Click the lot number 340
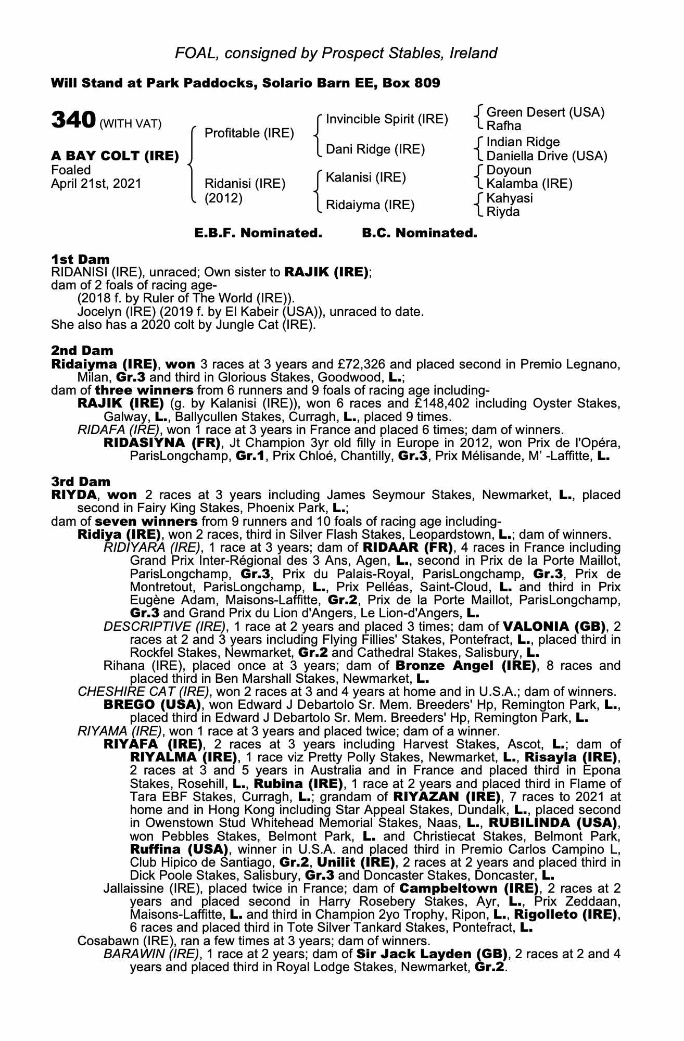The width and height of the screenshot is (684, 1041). (x=72, y=121)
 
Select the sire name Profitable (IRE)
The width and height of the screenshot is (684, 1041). (x=249, y=133)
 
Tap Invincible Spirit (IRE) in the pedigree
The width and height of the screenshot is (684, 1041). (x=386, y=119)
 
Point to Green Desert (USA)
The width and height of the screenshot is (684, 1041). (x=545, y=112)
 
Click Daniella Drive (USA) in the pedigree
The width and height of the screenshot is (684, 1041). (x=547, y=156)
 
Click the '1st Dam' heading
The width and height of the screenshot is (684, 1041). (x=80, y=259)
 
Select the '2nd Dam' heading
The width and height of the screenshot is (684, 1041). (x=82, y=351)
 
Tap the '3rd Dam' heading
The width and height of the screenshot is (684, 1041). (x=81, y=482)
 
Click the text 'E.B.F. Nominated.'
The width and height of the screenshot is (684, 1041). (x=258, y=233)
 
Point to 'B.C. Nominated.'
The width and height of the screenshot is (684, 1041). (x=419, y=233)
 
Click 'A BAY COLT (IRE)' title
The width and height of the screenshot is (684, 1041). (x=115, y=156)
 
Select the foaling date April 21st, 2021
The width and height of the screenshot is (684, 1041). (x=96, y=184)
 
